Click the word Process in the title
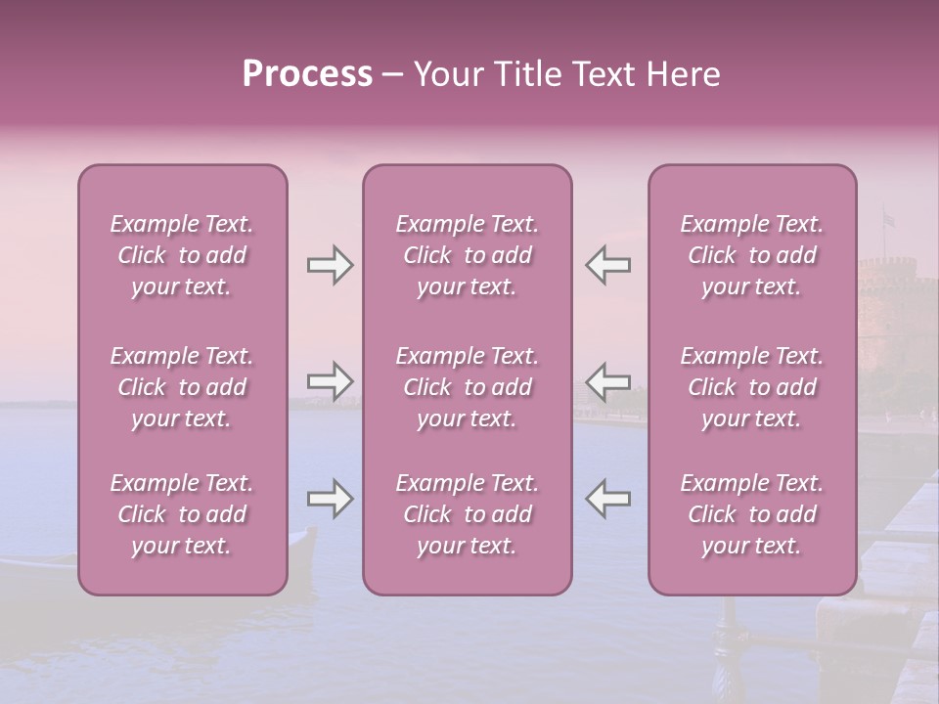(307, 74)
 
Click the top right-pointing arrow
(330, 265)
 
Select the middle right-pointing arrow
(330, 380)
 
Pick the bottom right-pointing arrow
(330, 499)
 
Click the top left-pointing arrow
(607, 265)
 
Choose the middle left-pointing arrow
(607, 380)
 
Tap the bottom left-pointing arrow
(607, 499)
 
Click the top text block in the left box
(182, 255)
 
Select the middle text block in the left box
(182, 387)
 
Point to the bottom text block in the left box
(182, 514)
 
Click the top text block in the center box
(467, 255)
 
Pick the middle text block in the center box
(467, 387)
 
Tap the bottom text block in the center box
(467, 514)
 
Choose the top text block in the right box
(751, 255)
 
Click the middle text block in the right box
(751, 387)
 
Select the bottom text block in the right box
(751, 514)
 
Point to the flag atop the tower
(888, 219)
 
